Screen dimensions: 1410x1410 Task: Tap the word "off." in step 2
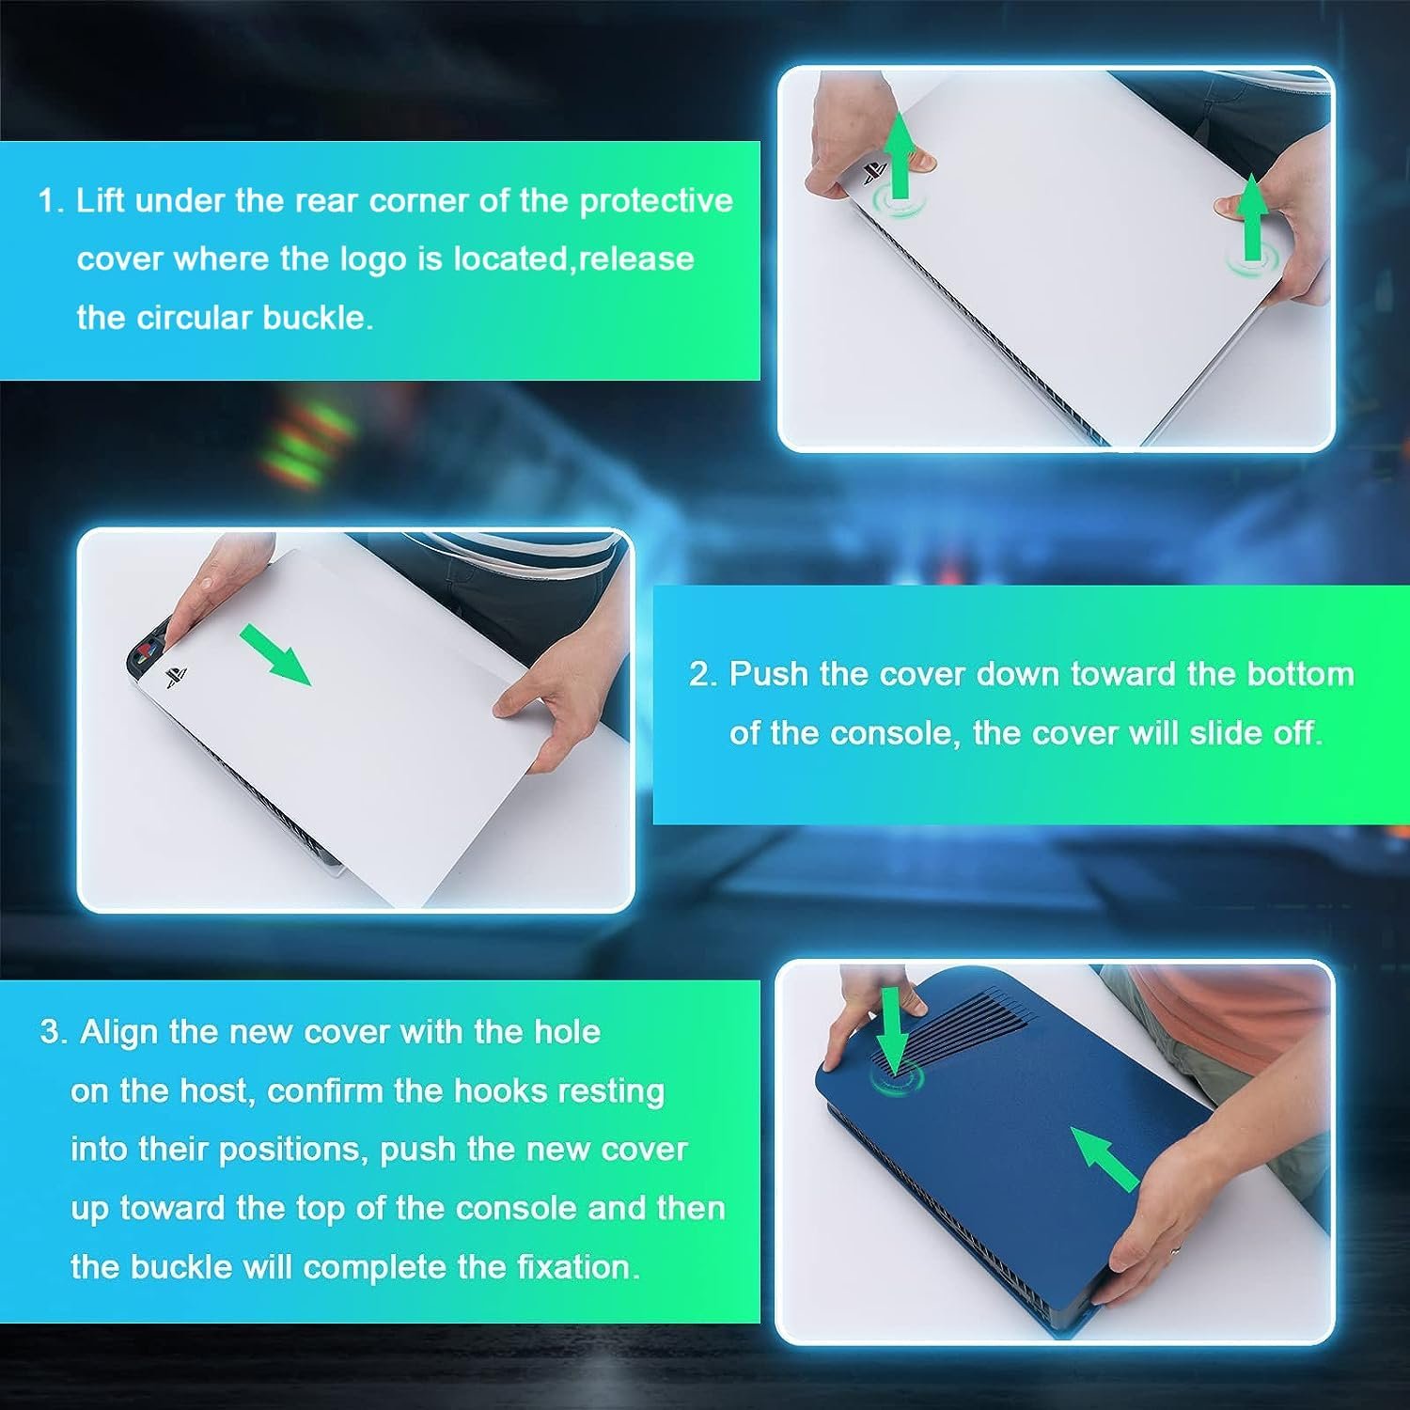point(1297,732)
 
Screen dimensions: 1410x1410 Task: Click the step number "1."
point(51,201)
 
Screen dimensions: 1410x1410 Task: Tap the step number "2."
point(703,675)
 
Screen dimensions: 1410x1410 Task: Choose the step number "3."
point(54,1032)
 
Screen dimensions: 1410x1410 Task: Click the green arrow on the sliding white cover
point(274,655)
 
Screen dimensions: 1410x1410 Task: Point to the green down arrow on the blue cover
point(892,1030)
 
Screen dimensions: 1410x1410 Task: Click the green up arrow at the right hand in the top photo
point(1251,218)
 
